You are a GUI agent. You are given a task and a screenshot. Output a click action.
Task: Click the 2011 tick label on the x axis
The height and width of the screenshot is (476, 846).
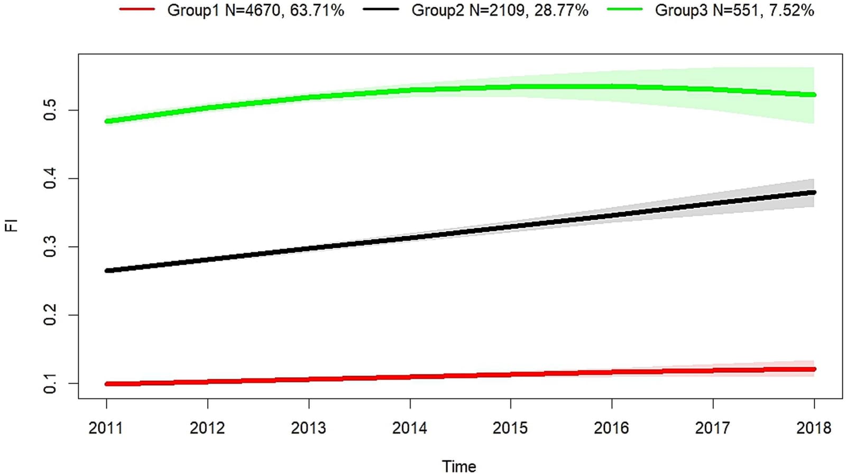click(106, 428)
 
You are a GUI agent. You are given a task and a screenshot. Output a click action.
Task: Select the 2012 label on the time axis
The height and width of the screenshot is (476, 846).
click(207, 428)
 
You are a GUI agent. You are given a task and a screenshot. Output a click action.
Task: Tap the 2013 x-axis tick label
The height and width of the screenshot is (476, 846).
click(309, 428)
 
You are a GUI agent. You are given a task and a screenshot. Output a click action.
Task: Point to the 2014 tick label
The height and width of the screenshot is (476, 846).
click(410, 428)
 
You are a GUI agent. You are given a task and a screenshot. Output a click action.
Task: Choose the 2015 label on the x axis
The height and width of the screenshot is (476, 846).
click(511, 428)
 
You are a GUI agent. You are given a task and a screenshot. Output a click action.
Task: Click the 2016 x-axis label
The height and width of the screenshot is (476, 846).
click(612, 428)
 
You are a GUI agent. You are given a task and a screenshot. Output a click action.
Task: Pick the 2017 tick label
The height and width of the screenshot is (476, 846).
click(713, 428)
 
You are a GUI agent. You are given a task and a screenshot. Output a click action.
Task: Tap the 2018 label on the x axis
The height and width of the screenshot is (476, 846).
click(814, 428)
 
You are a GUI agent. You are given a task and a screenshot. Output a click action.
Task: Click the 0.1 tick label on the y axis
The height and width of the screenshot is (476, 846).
click(50, 383)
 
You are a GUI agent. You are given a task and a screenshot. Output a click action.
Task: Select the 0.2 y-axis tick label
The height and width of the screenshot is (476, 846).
click(50, 315)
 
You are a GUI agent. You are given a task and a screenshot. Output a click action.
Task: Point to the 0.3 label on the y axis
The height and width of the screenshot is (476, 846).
click(50, 247)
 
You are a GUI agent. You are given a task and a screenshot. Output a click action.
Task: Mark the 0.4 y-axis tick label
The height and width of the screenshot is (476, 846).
click(50, 178)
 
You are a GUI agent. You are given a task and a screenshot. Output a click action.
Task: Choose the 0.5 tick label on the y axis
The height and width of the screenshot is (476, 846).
click(50, 110)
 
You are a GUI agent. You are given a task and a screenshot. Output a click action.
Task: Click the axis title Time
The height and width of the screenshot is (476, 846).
click(459, 466)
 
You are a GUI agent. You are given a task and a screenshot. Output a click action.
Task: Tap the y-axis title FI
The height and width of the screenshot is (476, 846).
click(12, 226)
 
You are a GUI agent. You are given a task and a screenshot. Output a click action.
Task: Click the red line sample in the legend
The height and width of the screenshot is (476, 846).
click(137, 9)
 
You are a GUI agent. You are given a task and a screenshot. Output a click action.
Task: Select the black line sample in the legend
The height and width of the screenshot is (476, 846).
click(381, 9)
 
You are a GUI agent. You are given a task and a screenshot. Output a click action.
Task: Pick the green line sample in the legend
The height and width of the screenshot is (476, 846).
click(624, 9)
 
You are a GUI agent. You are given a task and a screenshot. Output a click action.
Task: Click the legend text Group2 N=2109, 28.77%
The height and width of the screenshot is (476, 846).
click(500, 10)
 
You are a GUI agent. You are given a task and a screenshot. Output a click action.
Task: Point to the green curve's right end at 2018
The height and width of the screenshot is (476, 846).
click(814, 95)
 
